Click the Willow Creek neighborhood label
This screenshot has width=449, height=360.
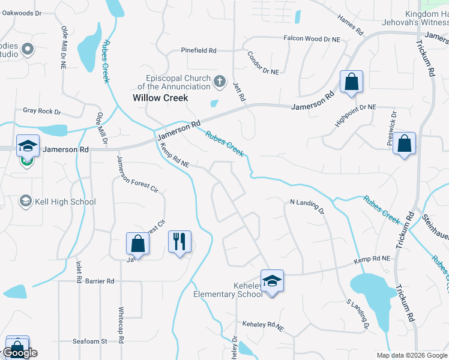point(160,98)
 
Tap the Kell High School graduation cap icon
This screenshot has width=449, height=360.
point(25,201)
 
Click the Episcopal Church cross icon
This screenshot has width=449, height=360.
point(220,81)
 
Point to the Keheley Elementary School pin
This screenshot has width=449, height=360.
point(272,281)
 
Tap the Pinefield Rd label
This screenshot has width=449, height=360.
point(198,50)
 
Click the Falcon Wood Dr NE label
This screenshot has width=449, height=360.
point(311,38)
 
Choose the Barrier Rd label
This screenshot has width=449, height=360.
point(99,281)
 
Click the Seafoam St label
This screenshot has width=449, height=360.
point(89,341)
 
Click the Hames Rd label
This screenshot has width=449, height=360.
point(351,24)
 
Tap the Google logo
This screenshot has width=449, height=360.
point(20,353)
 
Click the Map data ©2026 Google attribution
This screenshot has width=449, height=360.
point(411,355)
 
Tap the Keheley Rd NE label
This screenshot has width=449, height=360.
point(263,325)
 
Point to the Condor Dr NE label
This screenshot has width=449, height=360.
point(263,63)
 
